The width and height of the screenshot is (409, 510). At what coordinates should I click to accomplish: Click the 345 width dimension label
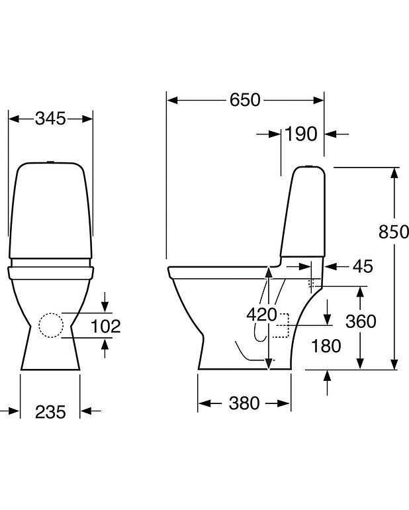[x=50, y=119]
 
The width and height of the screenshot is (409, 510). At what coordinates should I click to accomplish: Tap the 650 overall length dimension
[x=245, y=100]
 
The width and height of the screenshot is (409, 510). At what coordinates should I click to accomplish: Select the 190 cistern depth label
[x=302, y=134]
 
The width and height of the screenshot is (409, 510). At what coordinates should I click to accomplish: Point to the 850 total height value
[x=394, y=232]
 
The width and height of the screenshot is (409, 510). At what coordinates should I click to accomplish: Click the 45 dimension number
[x=363, y=266]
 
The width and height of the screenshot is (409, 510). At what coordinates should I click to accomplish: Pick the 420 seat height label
[x=262, y=315]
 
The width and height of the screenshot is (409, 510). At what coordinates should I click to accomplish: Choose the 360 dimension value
[x=361, y=322]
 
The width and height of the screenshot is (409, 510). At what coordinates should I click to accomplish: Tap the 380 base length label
[x=244, y=403]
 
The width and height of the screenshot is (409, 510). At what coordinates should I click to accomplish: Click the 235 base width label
[x=50, y=412]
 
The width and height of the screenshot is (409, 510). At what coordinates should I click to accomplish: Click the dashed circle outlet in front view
[x=50, y=325]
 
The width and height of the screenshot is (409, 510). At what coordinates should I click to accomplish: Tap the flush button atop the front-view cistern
[x=50, y=161]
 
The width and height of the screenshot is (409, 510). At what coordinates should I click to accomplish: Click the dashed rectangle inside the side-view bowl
[x=285, y=325]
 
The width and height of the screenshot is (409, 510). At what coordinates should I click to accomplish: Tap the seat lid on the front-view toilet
[x=50, y=271]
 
